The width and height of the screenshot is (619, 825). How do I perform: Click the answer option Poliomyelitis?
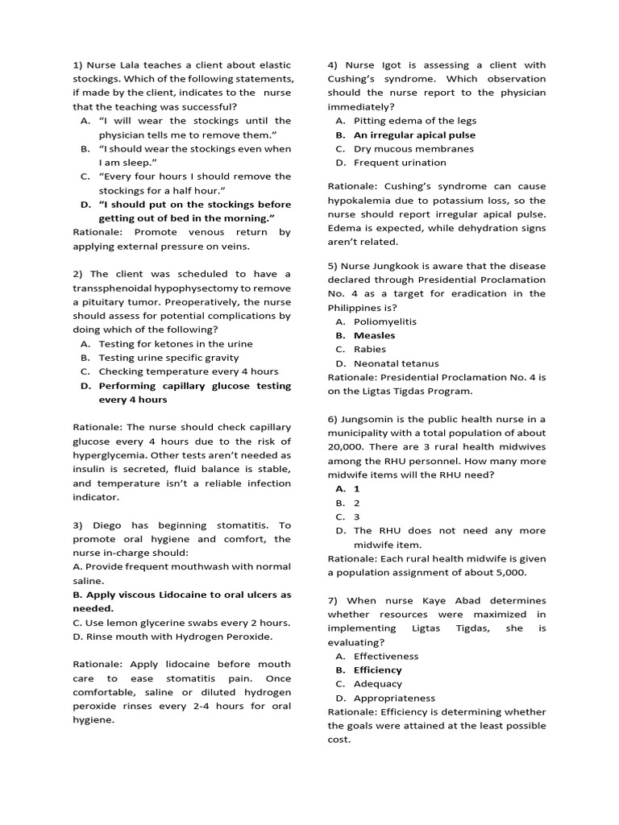[386, 321]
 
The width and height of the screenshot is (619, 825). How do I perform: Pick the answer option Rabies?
[370, 349]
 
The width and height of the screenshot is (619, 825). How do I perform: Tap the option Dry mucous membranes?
[413, 148]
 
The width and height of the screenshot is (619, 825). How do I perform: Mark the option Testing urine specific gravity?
[168, 357]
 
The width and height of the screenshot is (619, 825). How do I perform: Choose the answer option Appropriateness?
[394, 698]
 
